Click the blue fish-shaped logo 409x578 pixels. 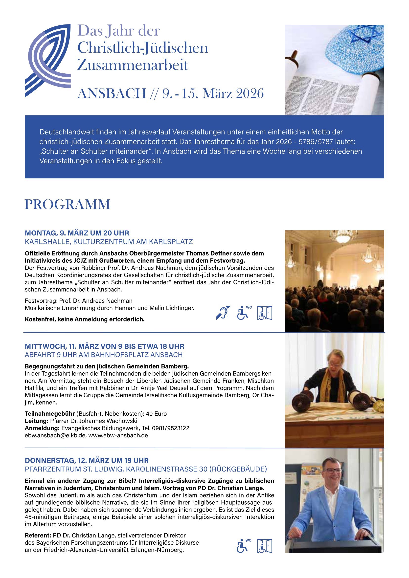click(48, 60)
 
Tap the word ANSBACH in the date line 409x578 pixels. click(112, 94)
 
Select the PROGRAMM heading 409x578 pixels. click(68, 204)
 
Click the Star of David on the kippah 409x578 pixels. click(362, 35)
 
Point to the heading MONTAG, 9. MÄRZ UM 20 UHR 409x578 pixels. click(77, 233)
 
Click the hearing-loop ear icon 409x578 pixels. click(223, 313)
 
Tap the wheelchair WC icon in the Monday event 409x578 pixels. click(243, 313)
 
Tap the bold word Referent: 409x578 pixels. click(38, 535)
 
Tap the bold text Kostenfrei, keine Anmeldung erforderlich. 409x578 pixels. click(85, 320)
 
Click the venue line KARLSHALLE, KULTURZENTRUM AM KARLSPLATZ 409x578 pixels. click(109, 242)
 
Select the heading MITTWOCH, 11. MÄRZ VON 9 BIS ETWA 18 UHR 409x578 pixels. click(105, 346)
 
